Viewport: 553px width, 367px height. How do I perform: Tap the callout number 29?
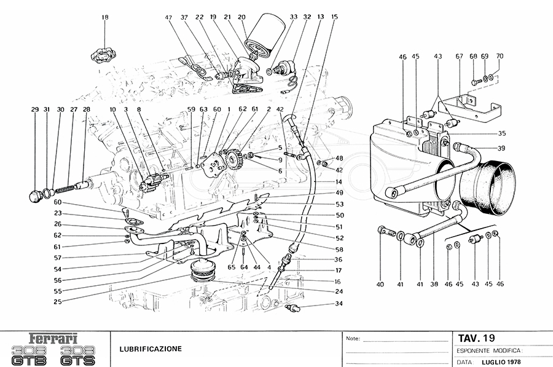click(x=35, y=109)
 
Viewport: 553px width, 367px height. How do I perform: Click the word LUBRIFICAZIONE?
click(x=151, y=349)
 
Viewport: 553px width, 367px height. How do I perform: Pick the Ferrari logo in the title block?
click(x=54, y=337)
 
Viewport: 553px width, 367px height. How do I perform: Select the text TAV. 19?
click(x=477, y=337)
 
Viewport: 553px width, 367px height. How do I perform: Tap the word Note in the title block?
click(x=352, y=338)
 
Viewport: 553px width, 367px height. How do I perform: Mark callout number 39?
click(x=501, y=148)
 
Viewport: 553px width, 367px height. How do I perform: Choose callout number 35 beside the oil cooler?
click(x=501, y=133)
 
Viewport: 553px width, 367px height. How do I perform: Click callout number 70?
click(x=500, y=56)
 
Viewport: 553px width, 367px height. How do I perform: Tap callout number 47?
click(x=168, y=17)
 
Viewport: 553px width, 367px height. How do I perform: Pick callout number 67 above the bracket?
click(x=458, y=56)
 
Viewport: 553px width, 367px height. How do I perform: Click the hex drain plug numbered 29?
click(x=35, y=197)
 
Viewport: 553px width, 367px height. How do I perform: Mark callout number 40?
click(x=380, y=284)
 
